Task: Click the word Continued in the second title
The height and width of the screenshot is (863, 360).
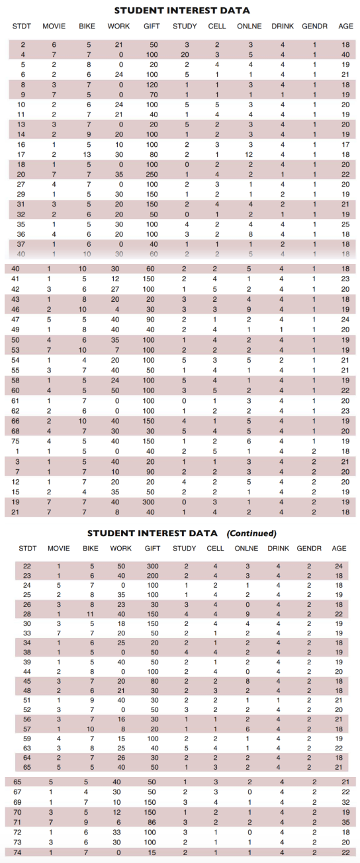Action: pyautogui.click(x=251, y=533)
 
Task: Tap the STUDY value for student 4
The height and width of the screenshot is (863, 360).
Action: pyautogui.click(x=187, y=54)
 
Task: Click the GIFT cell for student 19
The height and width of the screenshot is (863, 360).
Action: pyautogui.click(x=152, y=502)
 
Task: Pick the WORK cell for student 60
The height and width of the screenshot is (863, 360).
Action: pyautogui.click(x=117, y=390)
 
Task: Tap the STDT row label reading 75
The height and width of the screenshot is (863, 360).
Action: pyautogui.click(x=23, y=440)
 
